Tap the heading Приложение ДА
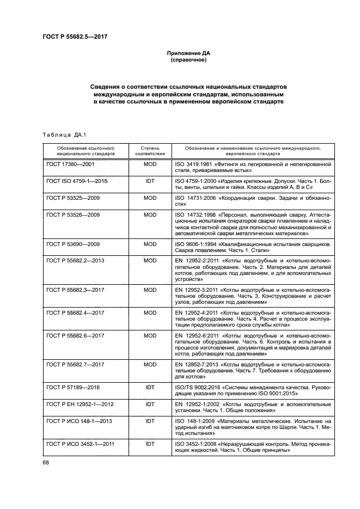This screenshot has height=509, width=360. coord(188,53)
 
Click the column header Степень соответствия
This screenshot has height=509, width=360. coord(150,151)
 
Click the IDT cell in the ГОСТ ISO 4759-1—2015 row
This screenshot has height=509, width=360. coord(150,180)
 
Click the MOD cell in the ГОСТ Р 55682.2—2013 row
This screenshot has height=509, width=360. coord(150,261)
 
